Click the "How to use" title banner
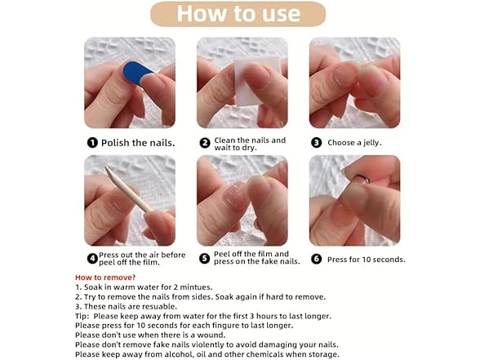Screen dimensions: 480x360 [x=238, y=14]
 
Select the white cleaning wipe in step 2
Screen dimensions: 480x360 [x=256, y=81]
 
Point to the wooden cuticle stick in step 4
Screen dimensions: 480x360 [x=128, y=189]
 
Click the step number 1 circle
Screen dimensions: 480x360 [x=92, y=143]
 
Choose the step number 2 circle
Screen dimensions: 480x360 [x=205, y=143]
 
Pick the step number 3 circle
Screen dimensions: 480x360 [x=316, y=143]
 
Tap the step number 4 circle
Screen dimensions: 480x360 [x=92, y=259]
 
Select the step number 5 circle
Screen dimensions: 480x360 [x=204, y=258]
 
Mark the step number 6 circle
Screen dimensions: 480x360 [x=316, y=259]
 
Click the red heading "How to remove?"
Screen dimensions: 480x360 [x=105, y=278]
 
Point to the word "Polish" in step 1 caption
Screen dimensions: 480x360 [x=115, y=143]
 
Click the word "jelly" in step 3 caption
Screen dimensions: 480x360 [x=372, y=143]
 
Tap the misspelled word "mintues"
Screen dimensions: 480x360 [x=196, y=287]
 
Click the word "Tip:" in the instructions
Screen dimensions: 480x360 [x=82, y=316]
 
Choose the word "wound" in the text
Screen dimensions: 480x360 [x=211, y=335]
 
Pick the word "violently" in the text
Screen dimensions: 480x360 [x=207, y=344]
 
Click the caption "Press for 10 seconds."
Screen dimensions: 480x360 [x=366, y=260]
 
